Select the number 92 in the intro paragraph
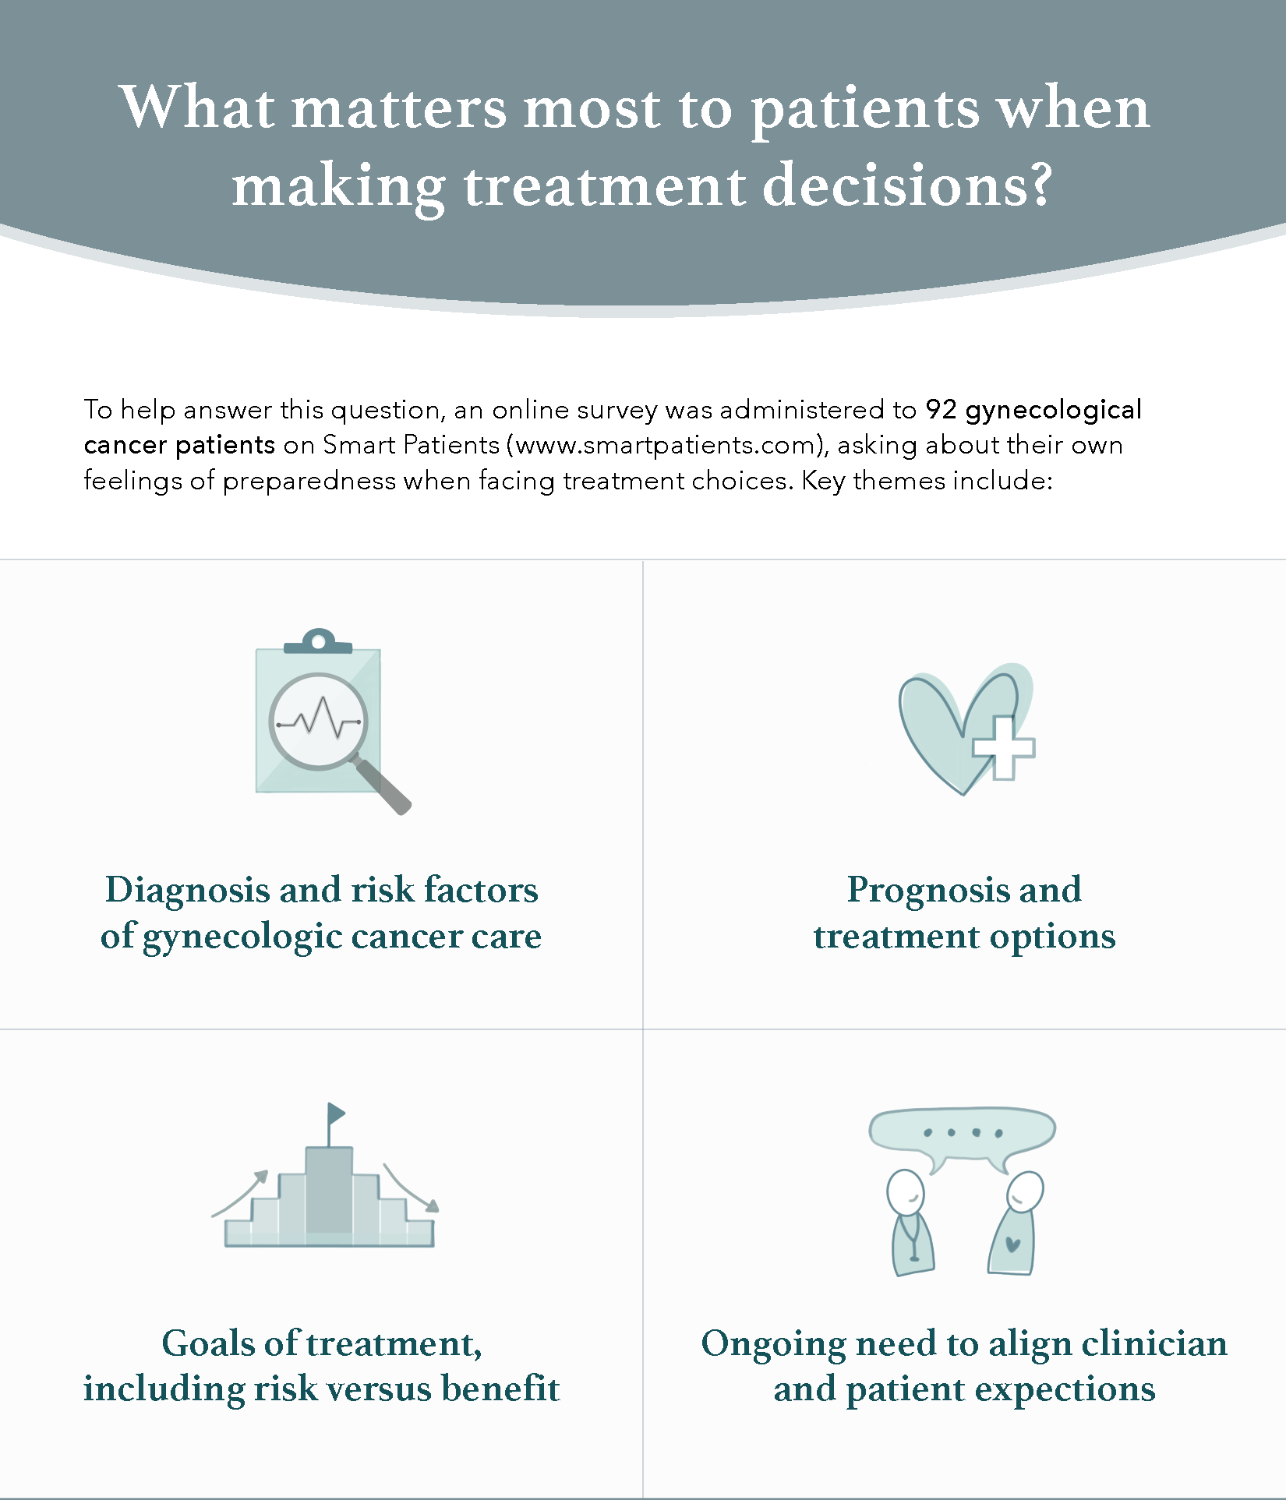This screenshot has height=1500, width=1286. [941, 409]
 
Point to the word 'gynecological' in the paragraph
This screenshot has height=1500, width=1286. [1054, 411]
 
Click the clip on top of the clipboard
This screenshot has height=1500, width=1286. [318, 641]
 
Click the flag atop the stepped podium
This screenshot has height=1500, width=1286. [336, 1113]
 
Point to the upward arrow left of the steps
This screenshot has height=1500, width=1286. [240, 1193]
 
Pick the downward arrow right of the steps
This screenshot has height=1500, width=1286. [411, 1188]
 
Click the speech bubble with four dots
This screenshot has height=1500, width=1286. [963, 1132]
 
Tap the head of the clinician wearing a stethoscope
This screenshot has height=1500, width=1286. [906, 1191]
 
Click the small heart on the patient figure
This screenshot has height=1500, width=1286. [1013, 1244]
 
